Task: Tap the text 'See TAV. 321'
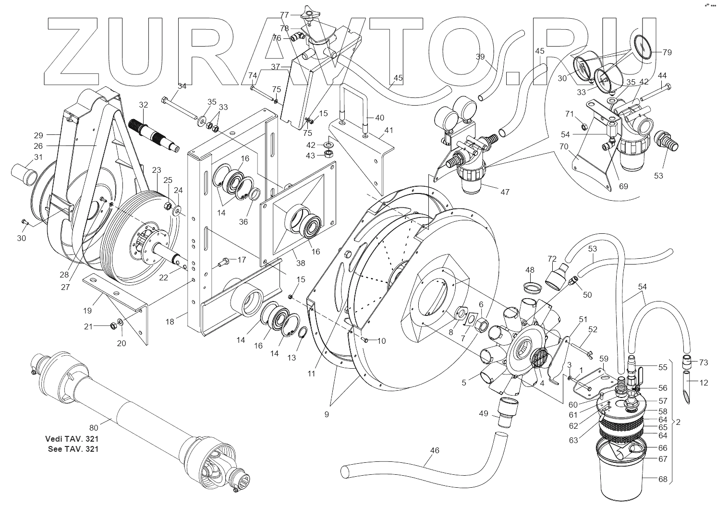73,449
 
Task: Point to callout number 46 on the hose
435,451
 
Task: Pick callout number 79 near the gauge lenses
667,52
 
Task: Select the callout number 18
170,322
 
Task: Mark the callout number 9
327,414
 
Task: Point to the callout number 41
389,130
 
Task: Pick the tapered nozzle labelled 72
558,277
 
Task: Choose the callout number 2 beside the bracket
678,422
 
